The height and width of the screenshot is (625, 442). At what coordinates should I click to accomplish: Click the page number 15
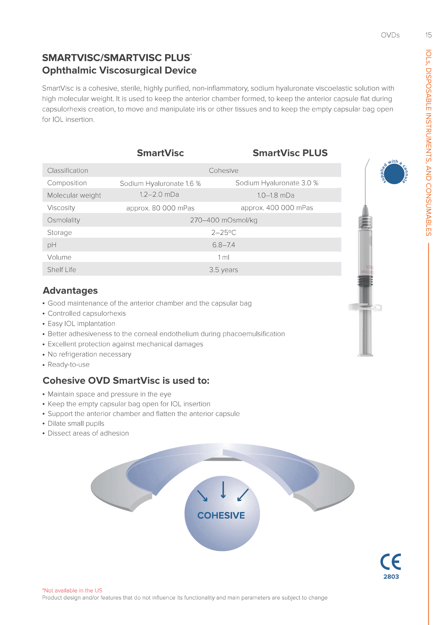click(428, 35)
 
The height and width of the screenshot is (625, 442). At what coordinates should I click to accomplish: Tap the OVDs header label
click(390, 35)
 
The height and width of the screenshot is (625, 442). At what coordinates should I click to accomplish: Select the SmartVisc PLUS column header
click(290, 153)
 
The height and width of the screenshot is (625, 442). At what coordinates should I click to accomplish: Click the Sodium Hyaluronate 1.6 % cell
click(160, 184)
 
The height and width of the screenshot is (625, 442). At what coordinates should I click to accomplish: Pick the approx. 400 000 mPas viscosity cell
click(277, 208)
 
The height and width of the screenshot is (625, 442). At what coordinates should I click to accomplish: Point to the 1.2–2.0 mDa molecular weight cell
click(159, 195)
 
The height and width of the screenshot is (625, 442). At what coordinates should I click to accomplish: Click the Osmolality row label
click(64, 220)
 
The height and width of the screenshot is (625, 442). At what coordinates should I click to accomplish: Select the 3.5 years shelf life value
click(224, 270)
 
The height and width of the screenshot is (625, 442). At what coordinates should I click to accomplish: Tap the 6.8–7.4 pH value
click(224, 245)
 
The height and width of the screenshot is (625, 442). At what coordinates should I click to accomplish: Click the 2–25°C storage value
click(224, 233)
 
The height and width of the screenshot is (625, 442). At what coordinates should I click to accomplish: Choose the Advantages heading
click(70, 290)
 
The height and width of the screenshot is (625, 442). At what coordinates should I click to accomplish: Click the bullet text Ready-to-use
click(69, 365)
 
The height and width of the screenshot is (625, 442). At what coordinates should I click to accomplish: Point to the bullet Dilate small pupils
click(76, 424)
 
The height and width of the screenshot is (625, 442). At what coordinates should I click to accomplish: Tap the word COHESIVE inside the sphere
click(221, 515)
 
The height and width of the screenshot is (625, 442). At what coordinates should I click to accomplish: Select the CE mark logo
click(391, 562)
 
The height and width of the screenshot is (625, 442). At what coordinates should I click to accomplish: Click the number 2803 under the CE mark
click(391, 577)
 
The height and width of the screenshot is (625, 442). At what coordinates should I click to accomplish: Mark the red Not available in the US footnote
click(72, 590)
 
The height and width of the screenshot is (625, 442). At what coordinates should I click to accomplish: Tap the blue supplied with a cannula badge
click(394, 174)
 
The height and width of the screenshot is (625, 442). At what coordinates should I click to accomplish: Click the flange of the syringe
click(365, 307)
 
